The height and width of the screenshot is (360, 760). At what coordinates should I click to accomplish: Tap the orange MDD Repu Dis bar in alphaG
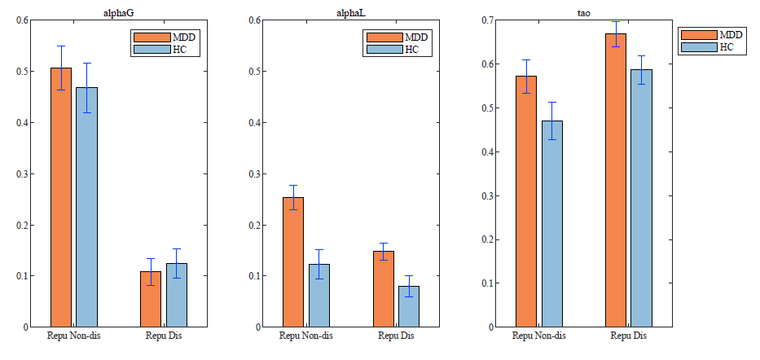(151, 299)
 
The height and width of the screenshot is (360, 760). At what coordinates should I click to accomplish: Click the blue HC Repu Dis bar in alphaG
(177, 295)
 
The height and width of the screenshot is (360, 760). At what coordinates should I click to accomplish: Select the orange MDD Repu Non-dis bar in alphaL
(294, 261)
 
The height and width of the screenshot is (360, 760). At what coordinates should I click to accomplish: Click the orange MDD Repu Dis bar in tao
(616, 180)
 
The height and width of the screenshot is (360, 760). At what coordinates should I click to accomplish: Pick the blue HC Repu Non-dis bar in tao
(551, 223)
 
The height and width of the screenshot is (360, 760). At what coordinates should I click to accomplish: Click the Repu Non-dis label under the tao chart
(538, 336)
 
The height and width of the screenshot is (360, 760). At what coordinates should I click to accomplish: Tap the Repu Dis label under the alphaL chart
(397, 336)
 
